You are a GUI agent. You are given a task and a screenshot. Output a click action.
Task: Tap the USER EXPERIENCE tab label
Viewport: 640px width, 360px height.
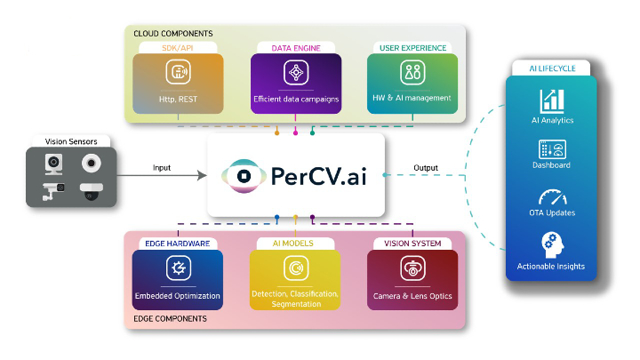[x=412, y=46]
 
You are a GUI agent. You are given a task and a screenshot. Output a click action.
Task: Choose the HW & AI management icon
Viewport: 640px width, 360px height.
[x=412, y=72]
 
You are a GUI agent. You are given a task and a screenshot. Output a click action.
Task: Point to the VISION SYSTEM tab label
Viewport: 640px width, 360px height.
[x=412, y=243]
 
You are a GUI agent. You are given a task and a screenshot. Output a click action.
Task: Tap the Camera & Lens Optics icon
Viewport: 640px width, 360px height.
[x=412, y=268]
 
